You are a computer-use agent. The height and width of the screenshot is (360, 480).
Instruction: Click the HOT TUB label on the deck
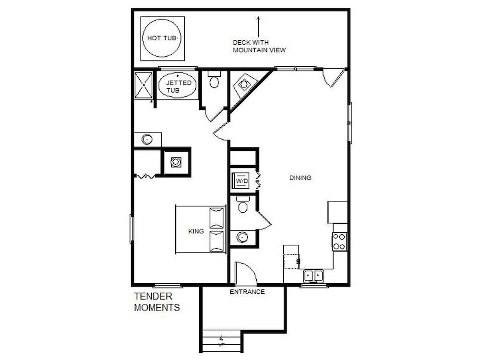click(x=163, y=38)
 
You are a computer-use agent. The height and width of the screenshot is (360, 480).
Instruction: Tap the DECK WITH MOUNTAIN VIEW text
click(x=259, y=46)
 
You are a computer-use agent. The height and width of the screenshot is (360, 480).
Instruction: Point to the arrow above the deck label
click(x=258, y=27)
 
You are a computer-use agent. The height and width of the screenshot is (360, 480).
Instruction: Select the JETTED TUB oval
click(x=178, y=85)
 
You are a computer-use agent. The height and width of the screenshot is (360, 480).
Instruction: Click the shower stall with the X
click(x=143, y=85)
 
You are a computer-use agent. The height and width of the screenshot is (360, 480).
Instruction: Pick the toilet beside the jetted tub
click(x=214, y=80)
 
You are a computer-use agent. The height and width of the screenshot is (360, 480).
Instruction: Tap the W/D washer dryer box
click(x=241, y=180)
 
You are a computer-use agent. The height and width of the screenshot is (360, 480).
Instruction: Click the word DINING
click(x=300, y=178)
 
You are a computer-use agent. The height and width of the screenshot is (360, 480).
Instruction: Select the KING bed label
click(x=196, y=231)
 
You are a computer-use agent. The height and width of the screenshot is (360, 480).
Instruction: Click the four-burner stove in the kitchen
click(x=339, y=242)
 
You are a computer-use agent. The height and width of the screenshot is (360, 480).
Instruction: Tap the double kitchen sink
click(x=313, y=276)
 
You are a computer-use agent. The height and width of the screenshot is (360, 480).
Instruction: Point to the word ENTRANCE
click(x=247, y=292)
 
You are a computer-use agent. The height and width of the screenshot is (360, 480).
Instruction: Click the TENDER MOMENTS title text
click(x=157, y=302)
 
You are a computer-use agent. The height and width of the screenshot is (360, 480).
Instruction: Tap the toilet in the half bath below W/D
click(x=243, y=204)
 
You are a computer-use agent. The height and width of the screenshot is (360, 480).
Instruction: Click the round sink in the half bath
click(x=242, y=237)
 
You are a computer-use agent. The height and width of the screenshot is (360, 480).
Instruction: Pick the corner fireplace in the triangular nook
click(x=243, y=84)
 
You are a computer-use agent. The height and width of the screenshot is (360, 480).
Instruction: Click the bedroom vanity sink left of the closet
click(x=147, y=140)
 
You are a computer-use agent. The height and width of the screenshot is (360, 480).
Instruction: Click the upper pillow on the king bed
click(x=216, y=218)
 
